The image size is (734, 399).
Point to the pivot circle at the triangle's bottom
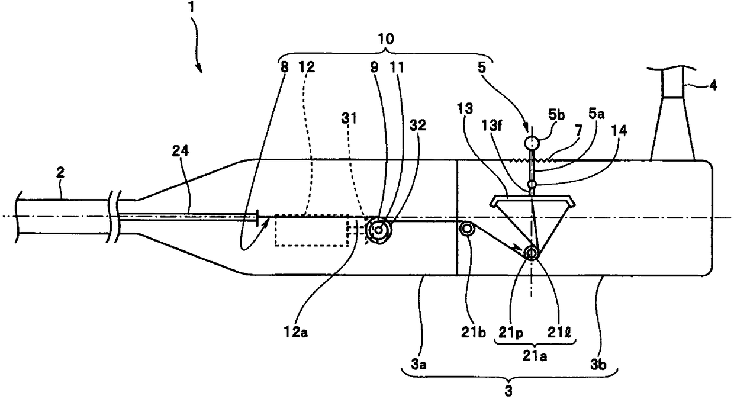pyautogui.click(x=531, y=253)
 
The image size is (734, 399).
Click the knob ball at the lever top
pyautogui.click(x=532, y=143)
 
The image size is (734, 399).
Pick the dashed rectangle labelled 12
pyautogui.click(x=311, y=230)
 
